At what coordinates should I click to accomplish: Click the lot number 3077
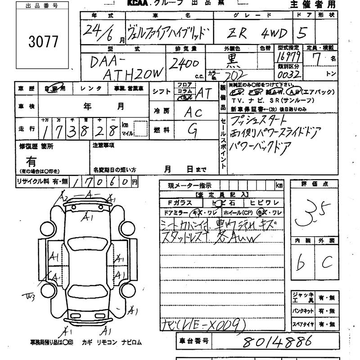point(43,41)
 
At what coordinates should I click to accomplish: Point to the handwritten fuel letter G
point(193,130)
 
